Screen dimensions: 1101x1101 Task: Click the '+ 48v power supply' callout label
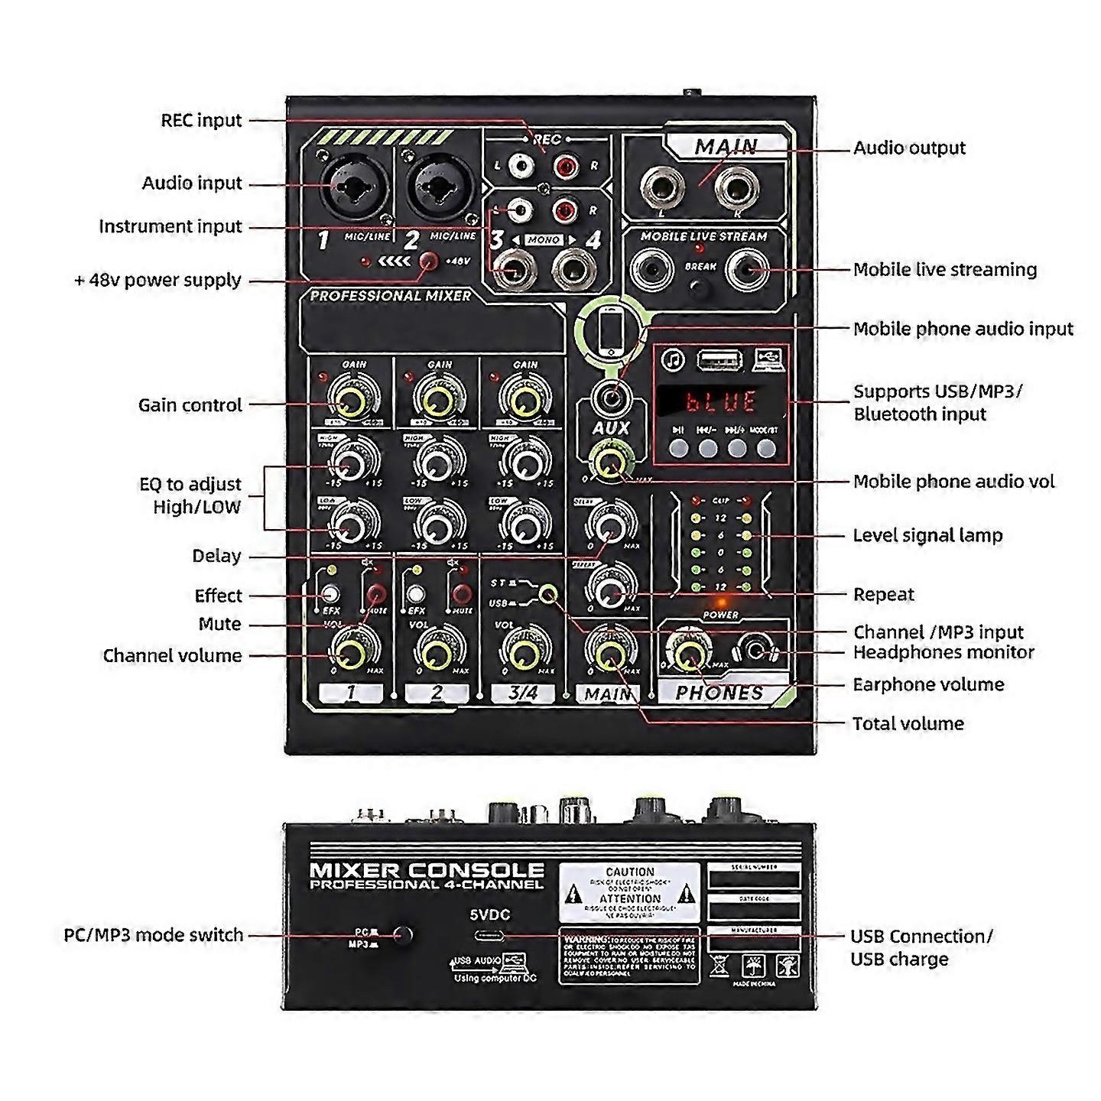[158, 281]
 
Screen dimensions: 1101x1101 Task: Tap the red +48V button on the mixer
[430, 261]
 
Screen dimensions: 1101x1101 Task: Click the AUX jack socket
[611, 398]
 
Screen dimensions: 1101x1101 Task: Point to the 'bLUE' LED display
[720, 401]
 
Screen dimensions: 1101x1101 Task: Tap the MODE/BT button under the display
[765, 448]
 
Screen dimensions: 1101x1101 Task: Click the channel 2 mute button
[461, 594]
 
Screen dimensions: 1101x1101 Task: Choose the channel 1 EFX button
[330, 593]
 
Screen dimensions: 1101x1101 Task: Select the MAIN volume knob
[610, 654]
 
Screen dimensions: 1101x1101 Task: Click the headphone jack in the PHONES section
[756, 651]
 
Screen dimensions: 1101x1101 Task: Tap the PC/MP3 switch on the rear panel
[402, 934]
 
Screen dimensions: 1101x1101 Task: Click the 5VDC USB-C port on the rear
[489, 936]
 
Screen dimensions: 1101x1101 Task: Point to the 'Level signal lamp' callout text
[927, 535]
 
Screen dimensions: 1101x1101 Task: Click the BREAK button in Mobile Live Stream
[699, 287]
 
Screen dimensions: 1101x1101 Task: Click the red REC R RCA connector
[567, 164]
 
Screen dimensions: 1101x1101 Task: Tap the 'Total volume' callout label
[908, 723]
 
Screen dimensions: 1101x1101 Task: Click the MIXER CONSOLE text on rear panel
[427, 870]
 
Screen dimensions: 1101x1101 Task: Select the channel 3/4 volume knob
[523, 654]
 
